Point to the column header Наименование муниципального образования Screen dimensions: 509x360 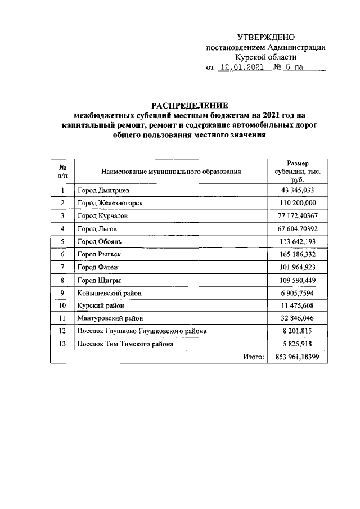[171, 172]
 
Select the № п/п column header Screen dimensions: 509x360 [62, 172]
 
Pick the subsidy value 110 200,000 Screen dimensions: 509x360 [298, 203]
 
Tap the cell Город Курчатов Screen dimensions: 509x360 [103, 215]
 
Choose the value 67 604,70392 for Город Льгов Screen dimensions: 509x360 [298, 228]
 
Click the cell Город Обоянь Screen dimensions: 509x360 [99, 241]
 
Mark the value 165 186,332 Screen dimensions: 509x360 [298, 254]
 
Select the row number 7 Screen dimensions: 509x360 [62, 267]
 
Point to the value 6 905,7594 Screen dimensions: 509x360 [298, 292]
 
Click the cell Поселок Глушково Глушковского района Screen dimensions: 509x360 [142, 331]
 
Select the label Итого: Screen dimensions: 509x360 [254, 357]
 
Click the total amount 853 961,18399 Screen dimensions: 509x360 [298, 357]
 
